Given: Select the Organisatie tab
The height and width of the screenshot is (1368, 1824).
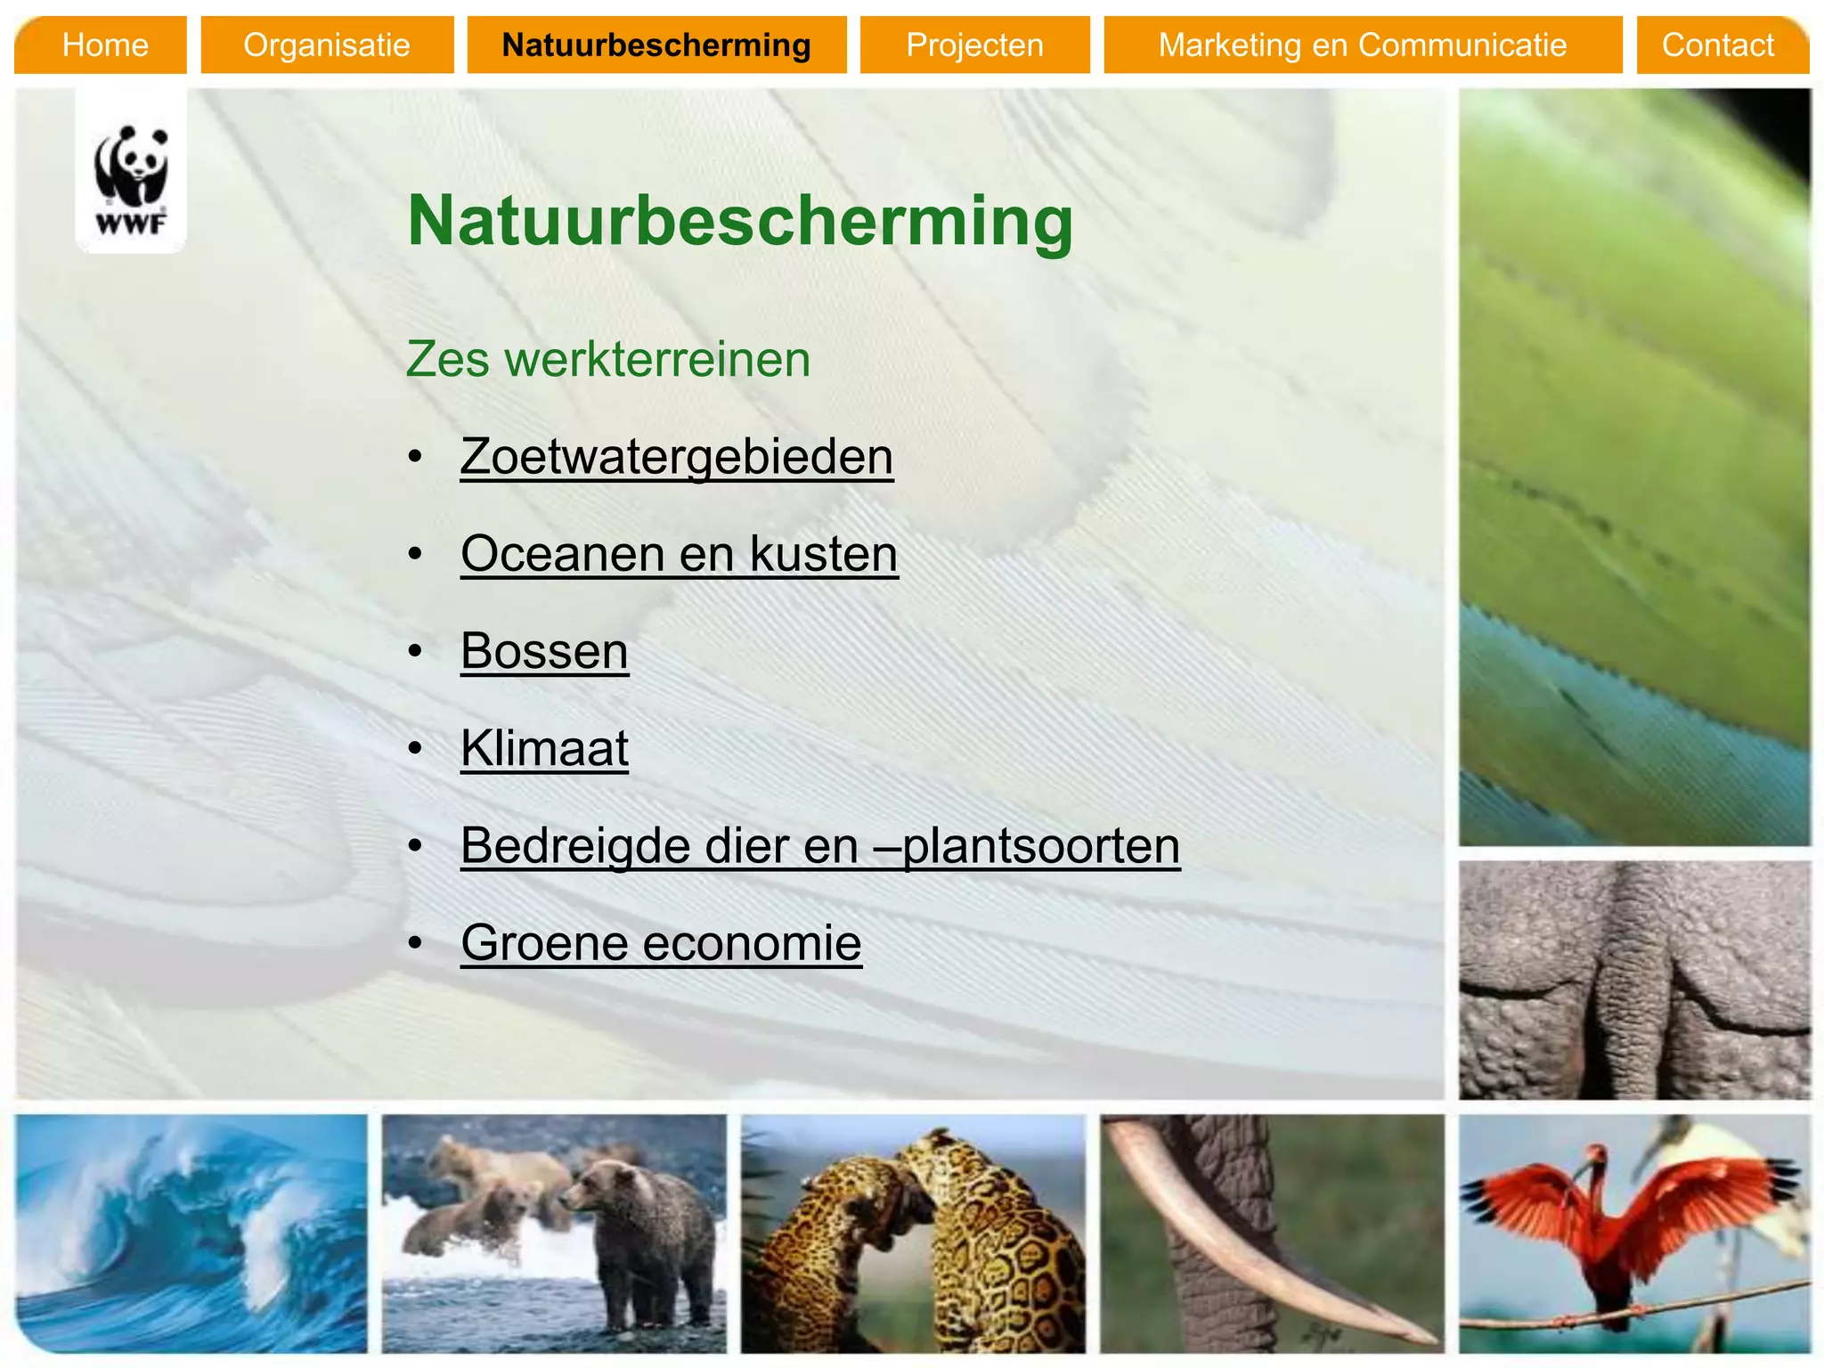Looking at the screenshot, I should [x=327, y=45].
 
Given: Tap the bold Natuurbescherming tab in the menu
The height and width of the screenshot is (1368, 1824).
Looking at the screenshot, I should [x=656, y=45].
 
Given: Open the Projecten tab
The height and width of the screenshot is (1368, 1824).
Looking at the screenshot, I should [x=974, y=45].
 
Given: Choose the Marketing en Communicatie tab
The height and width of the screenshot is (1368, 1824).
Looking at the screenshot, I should [x=1362, y=45].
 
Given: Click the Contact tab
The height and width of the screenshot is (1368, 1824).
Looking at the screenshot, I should [x=1718, y=45].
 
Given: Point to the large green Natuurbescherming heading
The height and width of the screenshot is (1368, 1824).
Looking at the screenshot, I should [x=739, y=221].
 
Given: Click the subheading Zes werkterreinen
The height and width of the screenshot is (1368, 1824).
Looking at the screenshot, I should [x=607, y=360].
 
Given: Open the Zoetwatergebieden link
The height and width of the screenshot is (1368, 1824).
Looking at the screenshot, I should [x=676, y=457].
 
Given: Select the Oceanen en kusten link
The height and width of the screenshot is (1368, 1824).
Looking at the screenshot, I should [x=679, y=554].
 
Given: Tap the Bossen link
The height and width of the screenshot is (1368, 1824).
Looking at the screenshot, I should [x=544, y=651].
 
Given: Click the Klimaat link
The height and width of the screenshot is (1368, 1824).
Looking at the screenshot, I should [x=544, y=748].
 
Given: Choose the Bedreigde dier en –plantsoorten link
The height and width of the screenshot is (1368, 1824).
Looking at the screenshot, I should [x=819, y=845].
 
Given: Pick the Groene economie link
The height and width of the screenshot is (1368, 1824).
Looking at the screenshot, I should [x=661, y=942].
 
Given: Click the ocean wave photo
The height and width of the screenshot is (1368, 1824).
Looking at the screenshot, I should [x=191, y=1234].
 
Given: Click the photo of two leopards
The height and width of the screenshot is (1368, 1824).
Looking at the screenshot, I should [x=913, y=1234].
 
